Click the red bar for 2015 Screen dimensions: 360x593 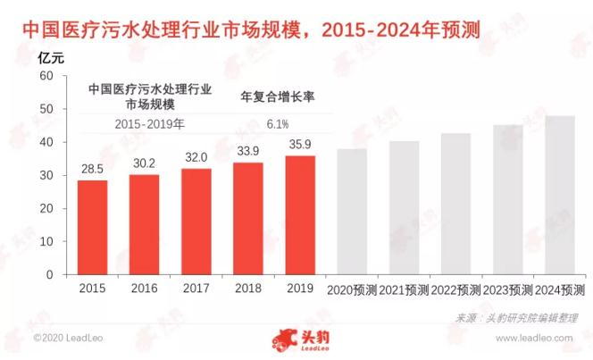pos(92,228)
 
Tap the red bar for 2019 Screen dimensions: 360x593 pos(301,215)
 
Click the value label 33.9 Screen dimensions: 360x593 pos(248,152)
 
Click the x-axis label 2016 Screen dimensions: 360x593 pos(145,289)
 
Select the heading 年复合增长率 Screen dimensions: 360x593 pos(279,96)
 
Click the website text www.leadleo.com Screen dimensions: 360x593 pos(539,339)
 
